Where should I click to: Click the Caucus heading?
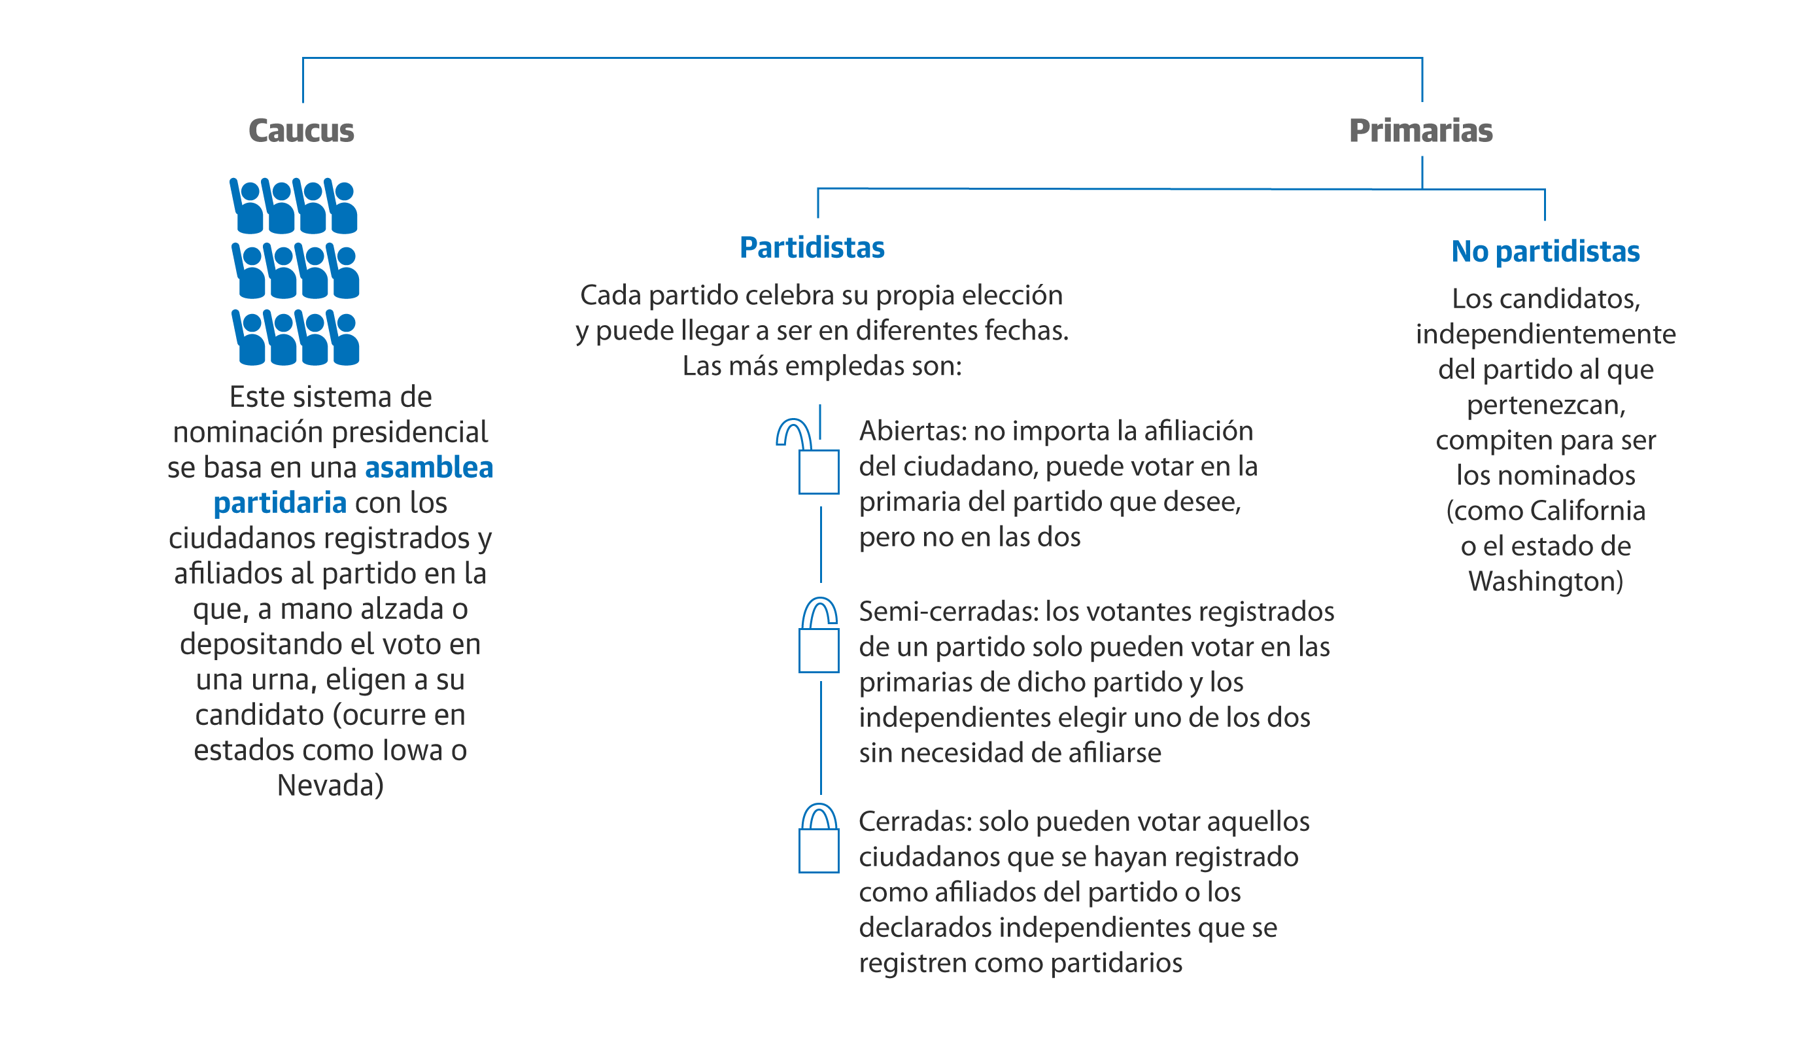point(301,131)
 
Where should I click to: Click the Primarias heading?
point(1420,131)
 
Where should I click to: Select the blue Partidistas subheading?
point(812,247)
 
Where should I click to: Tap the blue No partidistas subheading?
point(1545,252)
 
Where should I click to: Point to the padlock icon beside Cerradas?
point(819,839)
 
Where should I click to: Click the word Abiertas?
point(912,431)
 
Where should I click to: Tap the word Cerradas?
point(914,822)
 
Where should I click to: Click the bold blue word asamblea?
point(428,468)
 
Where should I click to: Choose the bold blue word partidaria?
point(280,503)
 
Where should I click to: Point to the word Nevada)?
point(330,786)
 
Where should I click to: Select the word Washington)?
point(1545,581)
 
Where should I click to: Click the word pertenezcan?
point(1545,405)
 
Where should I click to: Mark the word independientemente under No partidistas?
point(1545,334)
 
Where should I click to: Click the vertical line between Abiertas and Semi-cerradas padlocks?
point(821,545)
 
